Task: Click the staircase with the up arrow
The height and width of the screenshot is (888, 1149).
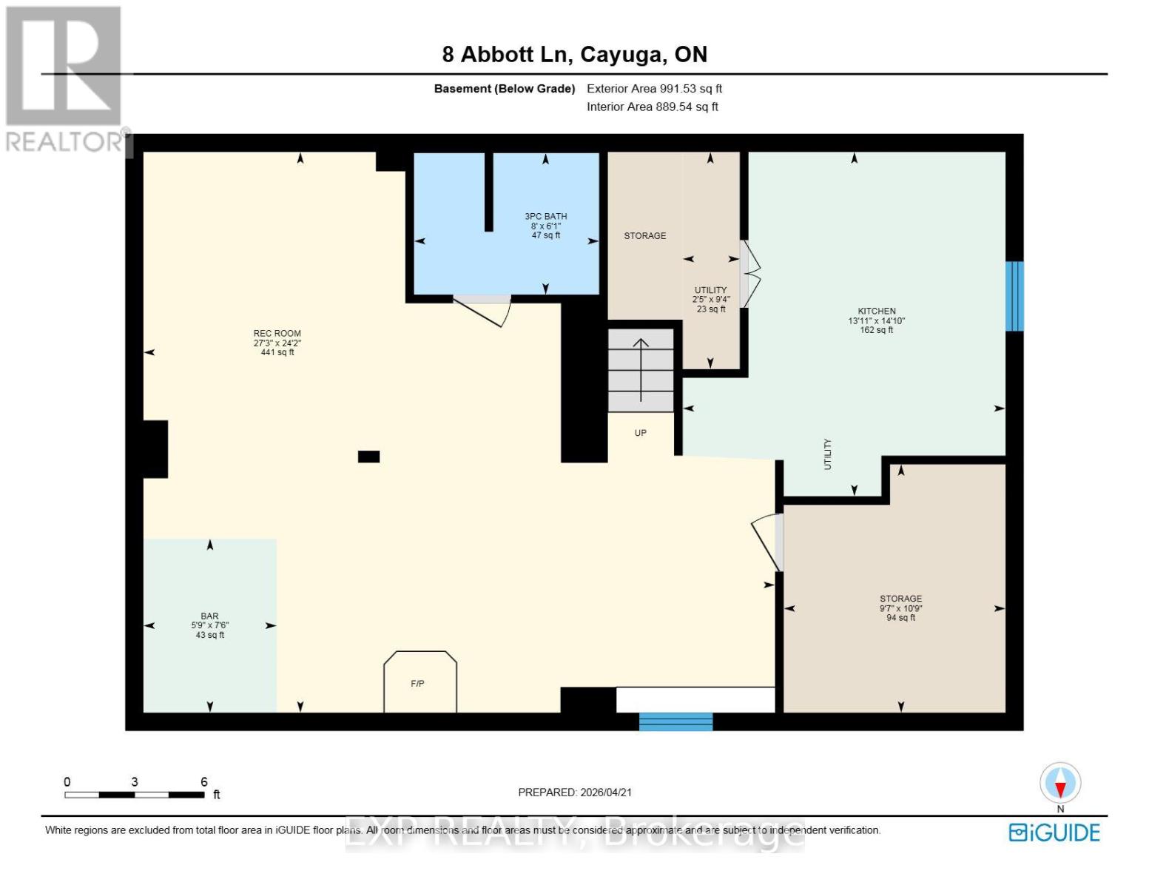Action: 641,370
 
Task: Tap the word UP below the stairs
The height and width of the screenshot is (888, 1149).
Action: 641,433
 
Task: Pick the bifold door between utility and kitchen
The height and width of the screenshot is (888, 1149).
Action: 751,274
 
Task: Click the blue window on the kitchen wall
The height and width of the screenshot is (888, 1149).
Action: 1014,296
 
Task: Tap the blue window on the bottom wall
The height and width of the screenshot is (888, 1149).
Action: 675,721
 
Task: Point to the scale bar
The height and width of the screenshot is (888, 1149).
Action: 135,794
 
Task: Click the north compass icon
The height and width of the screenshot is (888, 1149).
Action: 1060,784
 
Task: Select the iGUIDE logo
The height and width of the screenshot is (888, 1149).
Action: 1054,832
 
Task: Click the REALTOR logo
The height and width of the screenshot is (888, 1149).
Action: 64,78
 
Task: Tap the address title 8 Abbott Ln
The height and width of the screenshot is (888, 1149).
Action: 575,54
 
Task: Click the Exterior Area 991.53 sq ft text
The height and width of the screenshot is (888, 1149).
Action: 654,88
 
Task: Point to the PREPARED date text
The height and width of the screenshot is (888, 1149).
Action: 575,792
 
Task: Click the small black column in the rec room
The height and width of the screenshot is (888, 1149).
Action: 368,457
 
